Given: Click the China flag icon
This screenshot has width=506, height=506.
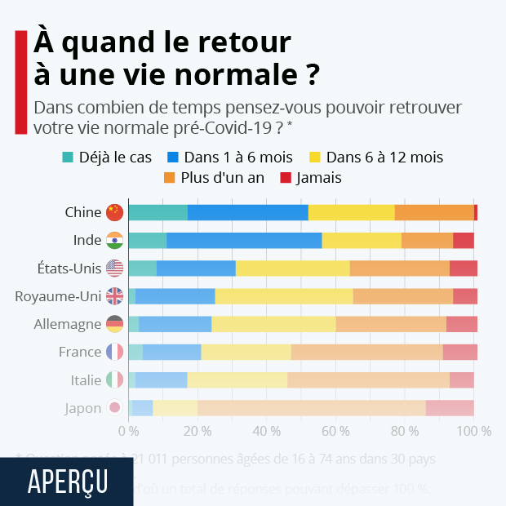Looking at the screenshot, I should (x=114, y=212).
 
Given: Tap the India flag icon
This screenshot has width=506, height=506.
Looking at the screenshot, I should (x=114, y=240).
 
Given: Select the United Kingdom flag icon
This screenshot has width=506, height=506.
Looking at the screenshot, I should (x=114, y=296).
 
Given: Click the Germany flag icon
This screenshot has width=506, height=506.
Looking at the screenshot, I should (x=114, y=324).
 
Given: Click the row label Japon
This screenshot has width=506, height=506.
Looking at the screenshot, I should (x=82, y=408).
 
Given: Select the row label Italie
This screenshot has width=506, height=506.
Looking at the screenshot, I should (x=86, y=380).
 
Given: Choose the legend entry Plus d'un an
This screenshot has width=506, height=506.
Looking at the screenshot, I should (x=215, y=177).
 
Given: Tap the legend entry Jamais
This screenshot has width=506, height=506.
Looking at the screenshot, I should (x=311, y=177).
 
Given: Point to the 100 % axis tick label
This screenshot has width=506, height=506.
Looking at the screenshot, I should (x=474, y=430).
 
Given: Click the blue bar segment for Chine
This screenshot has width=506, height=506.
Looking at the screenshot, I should (x=247, y=212).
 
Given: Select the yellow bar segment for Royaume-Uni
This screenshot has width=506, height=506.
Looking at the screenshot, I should (x=284, y=296).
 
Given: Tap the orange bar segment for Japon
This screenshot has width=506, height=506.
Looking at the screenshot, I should (x=311, y=408).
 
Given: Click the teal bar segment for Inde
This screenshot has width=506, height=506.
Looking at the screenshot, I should (x=147, y=240).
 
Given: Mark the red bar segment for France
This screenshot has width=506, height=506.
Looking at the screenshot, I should (x=459, y=352).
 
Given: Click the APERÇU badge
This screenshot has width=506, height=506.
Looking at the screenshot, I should (x=67, y=482).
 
